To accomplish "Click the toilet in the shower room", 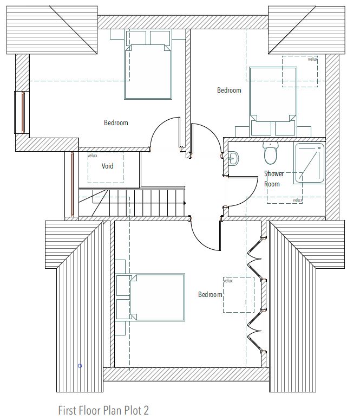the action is [270, 153].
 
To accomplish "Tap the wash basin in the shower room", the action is [233, 159].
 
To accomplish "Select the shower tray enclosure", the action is [310, 163].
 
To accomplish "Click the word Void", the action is [107, 166].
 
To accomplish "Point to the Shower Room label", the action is [273, 179].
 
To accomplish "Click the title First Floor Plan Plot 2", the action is [103, 410].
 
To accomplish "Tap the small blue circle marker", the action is [80, 366].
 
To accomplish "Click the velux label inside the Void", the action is [93, 156].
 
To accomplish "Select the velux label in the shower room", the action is [297, 200].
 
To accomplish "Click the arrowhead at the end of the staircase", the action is [185, 203].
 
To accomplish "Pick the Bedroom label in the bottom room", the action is [210, 295].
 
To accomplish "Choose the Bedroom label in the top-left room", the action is [116, 122].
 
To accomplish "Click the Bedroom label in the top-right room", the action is [229, 91].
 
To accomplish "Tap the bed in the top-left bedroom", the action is [148, 64].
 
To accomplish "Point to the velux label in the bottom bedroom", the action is [228, 281].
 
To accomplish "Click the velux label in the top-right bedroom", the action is [312, 59].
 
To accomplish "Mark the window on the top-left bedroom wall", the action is [22, 112].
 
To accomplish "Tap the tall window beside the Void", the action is [72, 184].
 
